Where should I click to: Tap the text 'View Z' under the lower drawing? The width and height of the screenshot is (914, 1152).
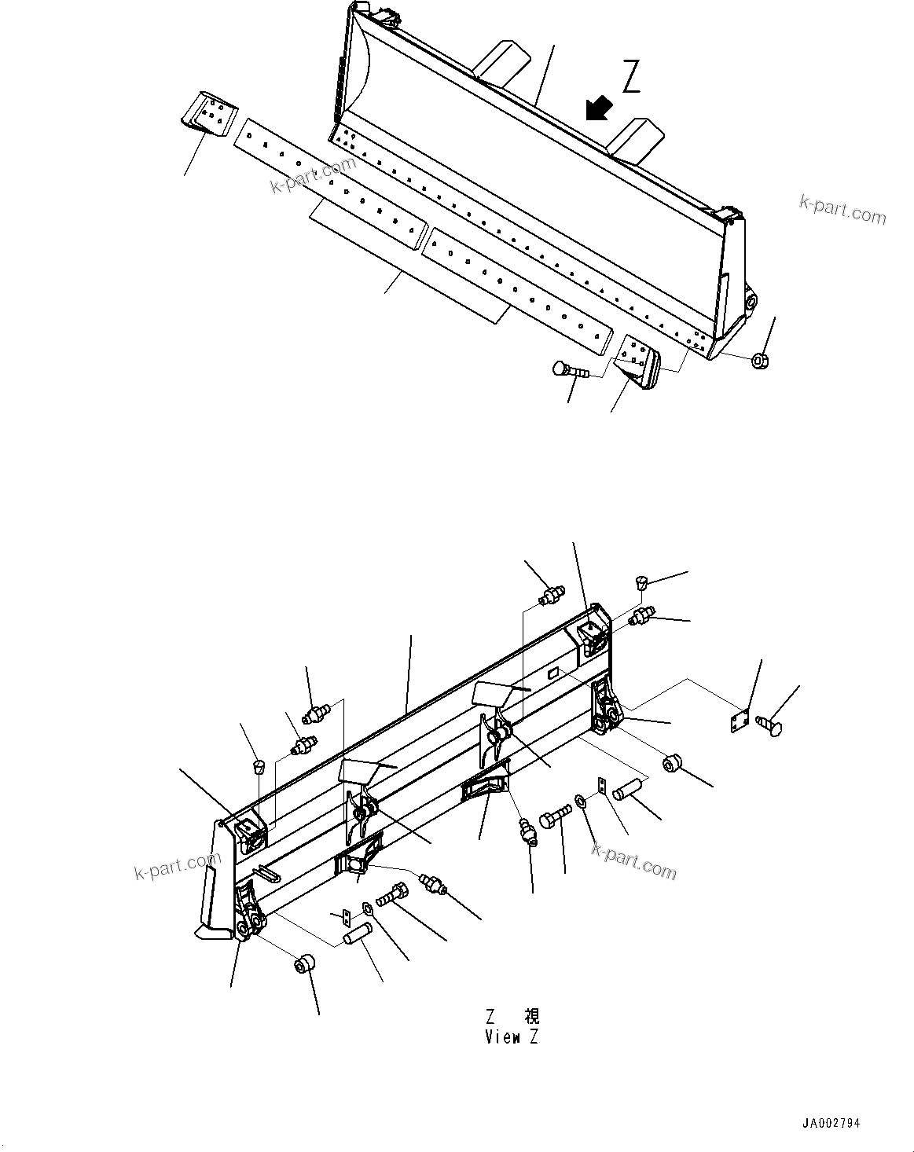512,1037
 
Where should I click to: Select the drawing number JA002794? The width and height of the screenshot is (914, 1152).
833,1124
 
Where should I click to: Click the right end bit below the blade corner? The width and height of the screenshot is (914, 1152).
638,361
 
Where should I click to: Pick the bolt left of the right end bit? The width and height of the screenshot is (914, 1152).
569,369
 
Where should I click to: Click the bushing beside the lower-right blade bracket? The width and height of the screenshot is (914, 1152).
673,762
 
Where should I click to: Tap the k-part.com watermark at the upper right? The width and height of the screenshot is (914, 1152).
842,209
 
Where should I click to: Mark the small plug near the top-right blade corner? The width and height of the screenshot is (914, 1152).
640,582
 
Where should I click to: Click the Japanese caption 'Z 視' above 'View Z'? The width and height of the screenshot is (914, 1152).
512,1015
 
